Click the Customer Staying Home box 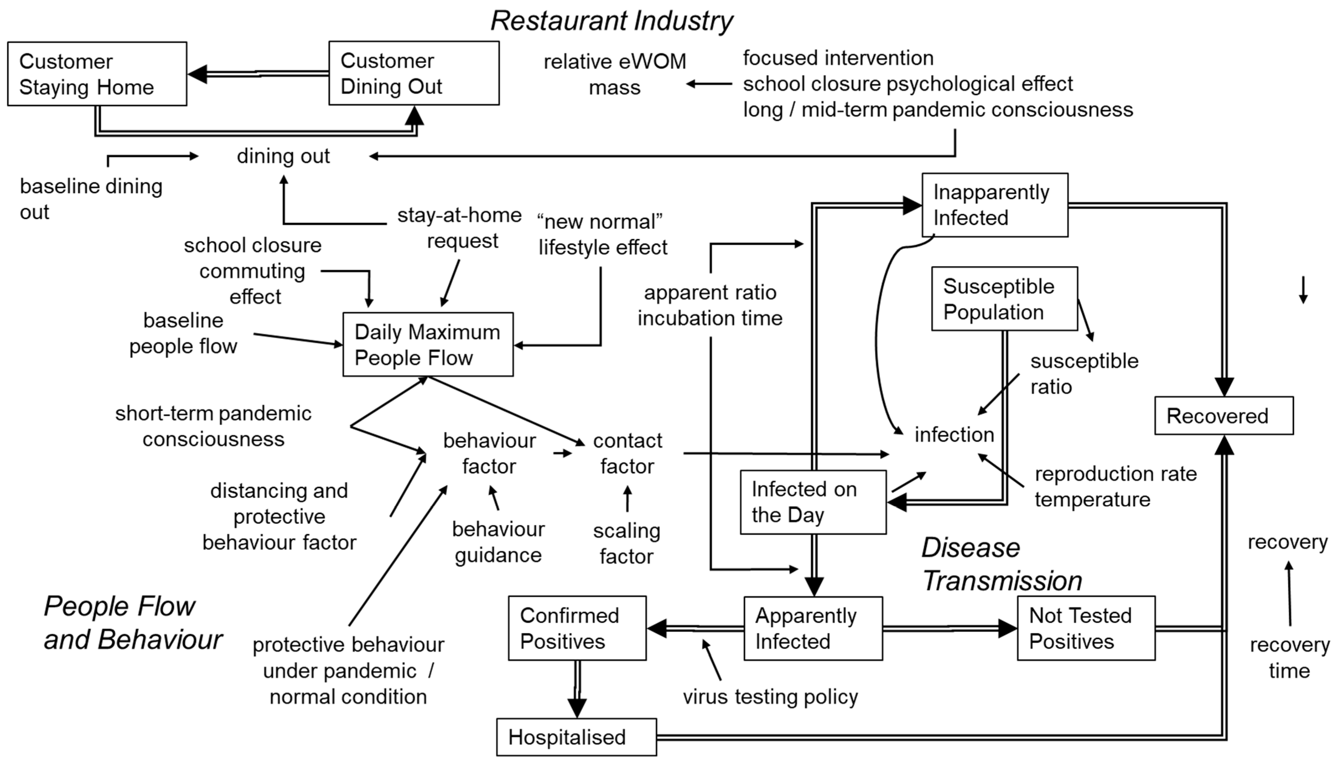pos(97,74)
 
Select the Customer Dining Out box pos(414,73)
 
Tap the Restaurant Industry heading pos(612,21)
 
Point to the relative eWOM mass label pos(615,74)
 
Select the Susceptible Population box pos(1004,299)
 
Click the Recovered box pos(1224,415)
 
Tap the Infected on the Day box pos(813,502)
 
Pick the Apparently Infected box pos(813,628)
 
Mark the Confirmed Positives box pos(577,628)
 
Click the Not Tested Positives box pos(1086,628)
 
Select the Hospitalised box pos(576,737)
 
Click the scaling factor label pos(626,543)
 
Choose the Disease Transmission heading pos(1002,564)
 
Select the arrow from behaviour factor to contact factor pos(563,453)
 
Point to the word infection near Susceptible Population pos(954,435)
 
